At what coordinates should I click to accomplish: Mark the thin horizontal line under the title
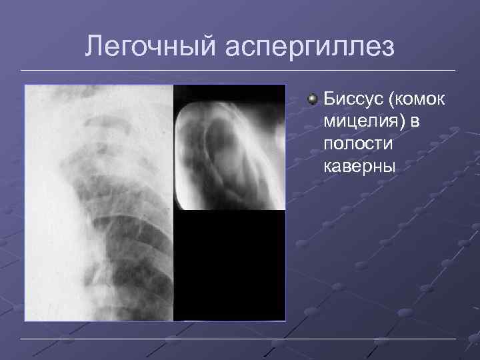point(240,71)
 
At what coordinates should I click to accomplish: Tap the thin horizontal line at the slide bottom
point(240,339)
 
